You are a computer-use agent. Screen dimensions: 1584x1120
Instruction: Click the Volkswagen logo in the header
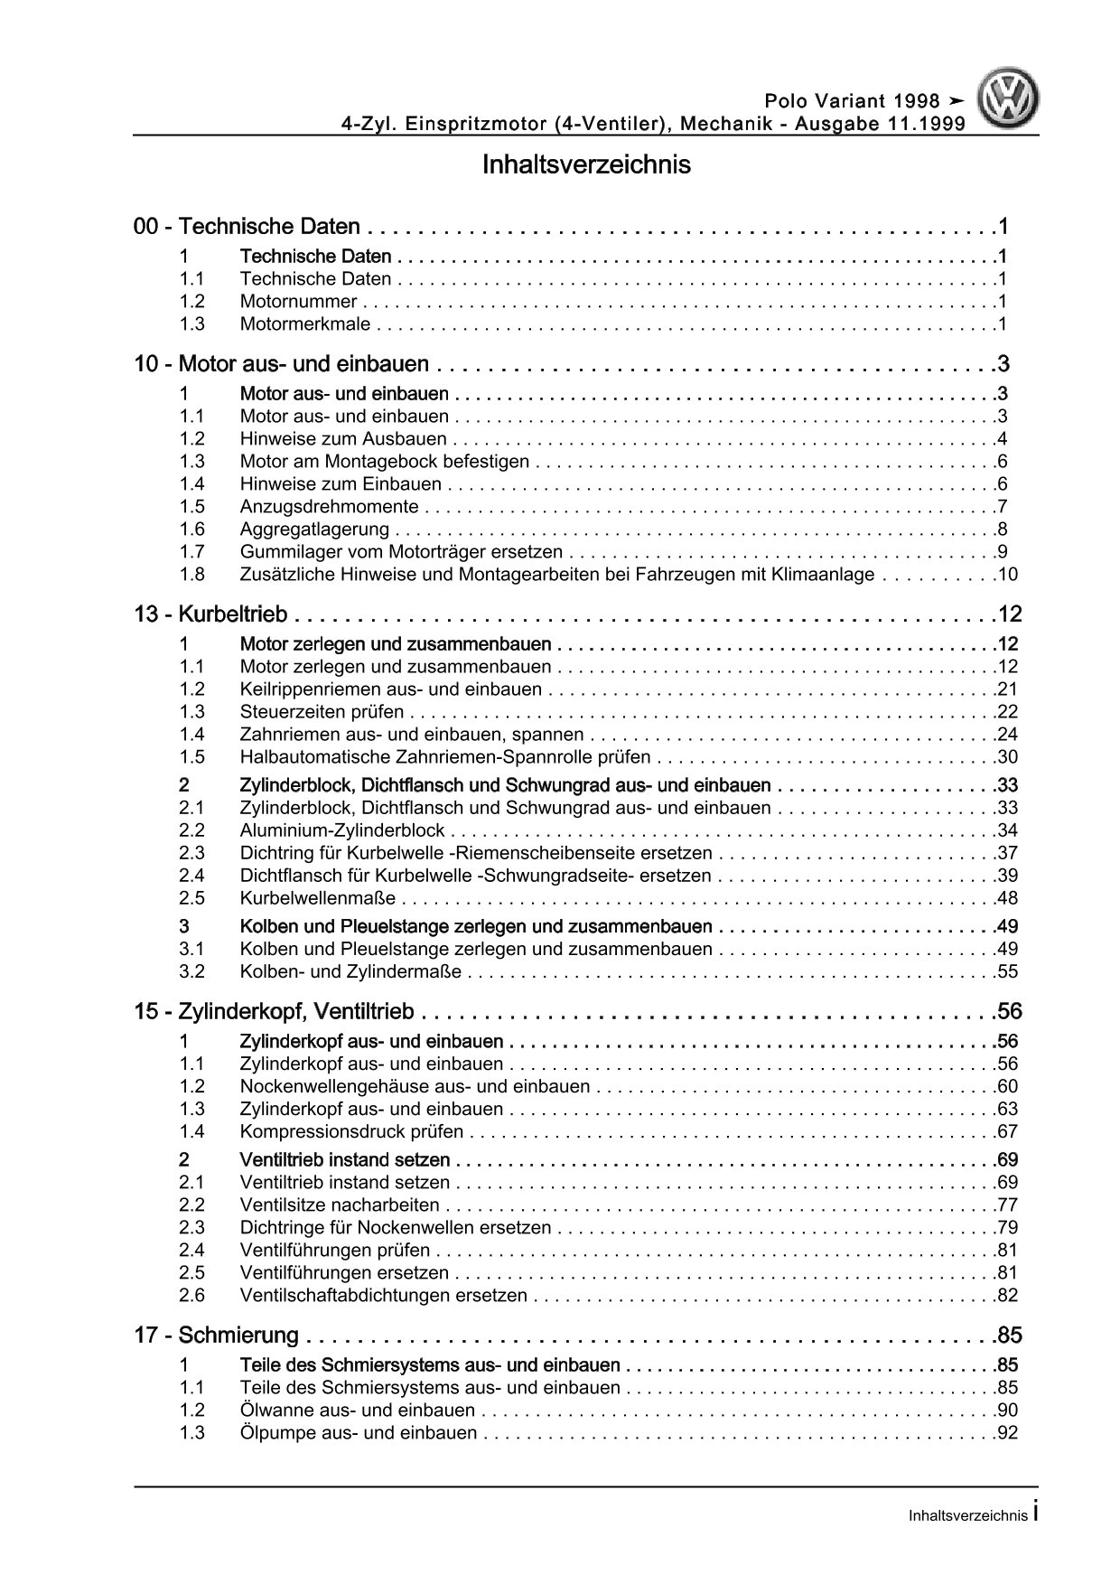tap(1011, 99)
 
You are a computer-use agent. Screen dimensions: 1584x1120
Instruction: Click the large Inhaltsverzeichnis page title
tap(586, 165)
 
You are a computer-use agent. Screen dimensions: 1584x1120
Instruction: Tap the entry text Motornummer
tap(298, 302)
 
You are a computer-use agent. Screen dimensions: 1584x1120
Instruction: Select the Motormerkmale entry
tap(306, 324)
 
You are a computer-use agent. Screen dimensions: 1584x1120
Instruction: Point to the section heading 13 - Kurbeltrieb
tap(210, 614)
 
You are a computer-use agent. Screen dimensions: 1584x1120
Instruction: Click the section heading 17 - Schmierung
tap(217, 1336)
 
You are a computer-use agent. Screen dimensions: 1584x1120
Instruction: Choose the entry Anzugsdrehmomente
tap(329, 507)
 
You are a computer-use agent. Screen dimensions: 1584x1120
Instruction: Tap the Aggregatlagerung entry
tap(314, 530)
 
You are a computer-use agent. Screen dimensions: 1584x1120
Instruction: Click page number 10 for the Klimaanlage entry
tap(1007, 575)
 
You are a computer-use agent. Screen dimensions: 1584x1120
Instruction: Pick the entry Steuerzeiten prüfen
tap(322, 712)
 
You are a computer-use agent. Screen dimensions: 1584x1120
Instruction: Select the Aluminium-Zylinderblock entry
tap(342, 830)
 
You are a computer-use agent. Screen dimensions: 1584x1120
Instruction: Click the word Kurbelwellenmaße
tap(317, 898)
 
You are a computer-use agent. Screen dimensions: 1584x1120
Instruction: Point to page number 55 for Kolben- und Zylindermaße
tap(1007, 972)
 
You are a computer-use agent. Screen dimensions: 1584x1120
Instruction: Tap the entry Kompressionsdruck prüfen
tap(351, 1132)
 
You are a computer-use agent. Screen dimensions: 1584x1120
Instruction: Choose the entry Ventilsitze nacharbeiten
tap(340, 1205)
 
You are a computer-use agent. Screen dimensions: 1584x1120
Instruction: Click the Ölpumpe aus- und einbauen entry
tap(358, 1433)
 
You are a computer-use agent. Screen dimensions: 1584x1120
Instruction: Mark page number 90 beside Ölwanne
tap(1007, 1411)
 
